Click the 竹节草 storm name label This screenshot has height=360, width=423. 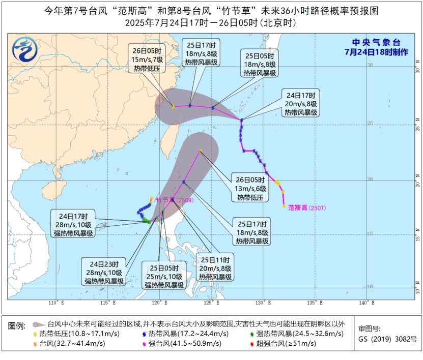(x=165, y=200)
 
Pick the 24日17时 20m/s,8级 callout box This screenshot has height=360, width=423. (x=301, y=104)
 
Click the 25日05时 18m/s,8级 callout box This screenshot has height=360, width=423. (x=259, y=64)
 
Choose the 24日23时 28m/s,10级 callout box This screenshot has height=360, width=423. (x=104, y=272)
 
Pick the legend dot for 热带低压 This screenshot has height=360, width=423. (x=35, y=334)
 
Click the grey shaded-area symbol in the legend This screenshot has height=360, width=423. (x=38, y=324)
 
